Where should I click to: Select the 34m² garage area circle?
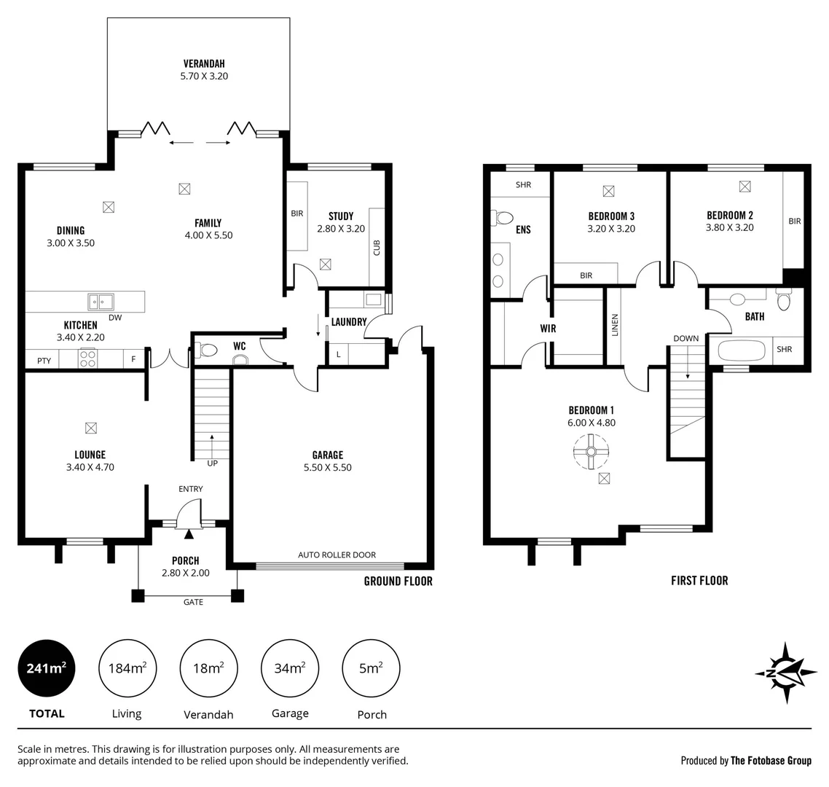click(290, 667)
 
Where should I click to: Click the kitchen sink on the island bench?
click(101, 301)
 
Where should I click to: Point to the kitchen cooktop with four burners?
click(87, 359)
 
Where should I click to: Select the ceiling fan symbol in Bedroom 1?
click(591, 452)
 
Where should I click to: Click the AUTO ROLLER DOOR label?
click(337, 555)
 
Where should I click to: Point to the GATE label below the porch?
click(193, 602)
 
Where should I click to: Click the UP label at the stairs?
click(212, 463)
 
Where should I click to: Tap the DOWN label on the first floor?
click(685, 338)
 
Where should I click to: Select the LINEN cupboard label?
click(615, 325)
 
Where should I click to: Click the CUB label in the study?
click(377, 248)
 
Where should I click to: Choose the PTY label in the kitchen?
click(44, 360)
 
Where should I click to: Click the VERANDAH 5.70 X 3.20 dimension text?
click(204, 76)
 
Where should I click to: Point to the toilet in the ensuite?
click(503, 217)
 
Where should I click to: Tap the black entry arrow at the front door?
click(189, 534)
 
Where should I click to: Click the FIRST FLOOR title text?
click(699, 581)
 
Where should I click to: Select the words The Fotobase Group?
click(771, 761)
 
